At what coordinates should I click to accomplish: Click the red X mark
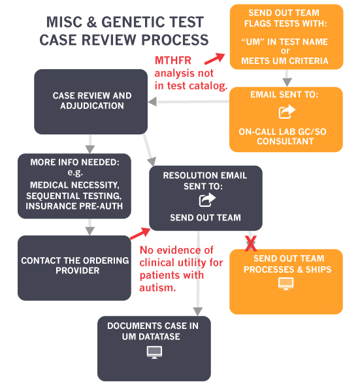pos(250,243)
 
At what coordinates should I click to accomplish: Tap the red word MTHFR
pos(173,61)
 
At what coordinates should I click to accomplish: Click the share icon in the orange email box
pos(287,112)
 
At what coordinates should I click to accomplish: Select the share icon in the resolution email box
pos(207,200)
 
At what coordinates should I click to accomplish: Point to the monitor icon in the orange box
pos(286,284)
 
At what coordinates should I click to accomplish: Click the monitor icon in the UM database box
pos(154,352)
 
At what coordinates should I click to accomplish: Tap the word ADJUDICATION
pos(92,106)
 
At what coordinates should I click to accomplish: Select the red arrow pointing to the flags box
pos(214,59)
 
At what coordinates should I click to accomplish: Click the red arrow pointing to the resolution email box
pos(140,234)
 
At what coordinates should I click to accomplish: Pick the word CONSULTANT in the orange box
pos(286,142)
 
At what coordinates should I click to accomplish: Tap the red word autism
pos(157,288)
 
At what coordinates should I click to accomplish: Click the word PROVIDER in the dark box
pos(78,270)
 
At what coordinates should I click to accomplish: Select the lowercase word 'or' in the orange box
pos(286,51)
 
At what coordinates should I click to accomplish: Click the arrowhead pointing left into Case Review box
pos(152,102)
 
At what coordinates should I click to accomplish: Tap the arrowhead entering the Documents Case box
pos(198,311)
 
